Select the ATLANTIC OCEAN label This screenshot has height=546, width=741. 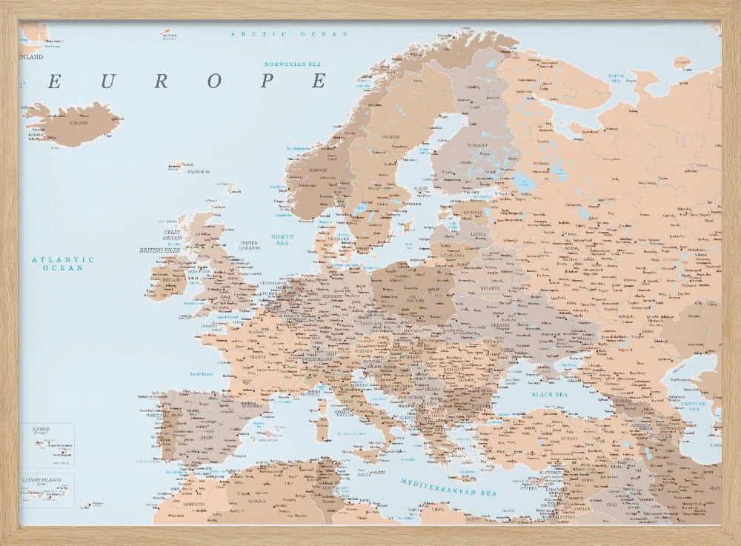coord(63,264)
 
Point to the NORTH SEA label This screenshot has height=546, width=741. coord(282,240)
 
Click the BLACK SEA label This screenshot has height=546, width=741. coord(549,395)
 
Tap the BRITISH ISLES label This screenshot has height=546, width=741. coord(159,250)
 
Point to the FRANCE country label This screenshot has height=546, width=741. coord(257,356)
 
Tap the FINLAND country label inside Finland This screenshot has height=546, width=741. coord(477,145)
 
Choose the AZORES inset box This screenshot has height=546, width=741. coord(46,445)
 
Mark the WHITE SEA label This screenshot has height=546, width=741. coord(616,77)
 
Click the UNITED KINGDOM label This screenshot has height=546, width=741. coord(249,245)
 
